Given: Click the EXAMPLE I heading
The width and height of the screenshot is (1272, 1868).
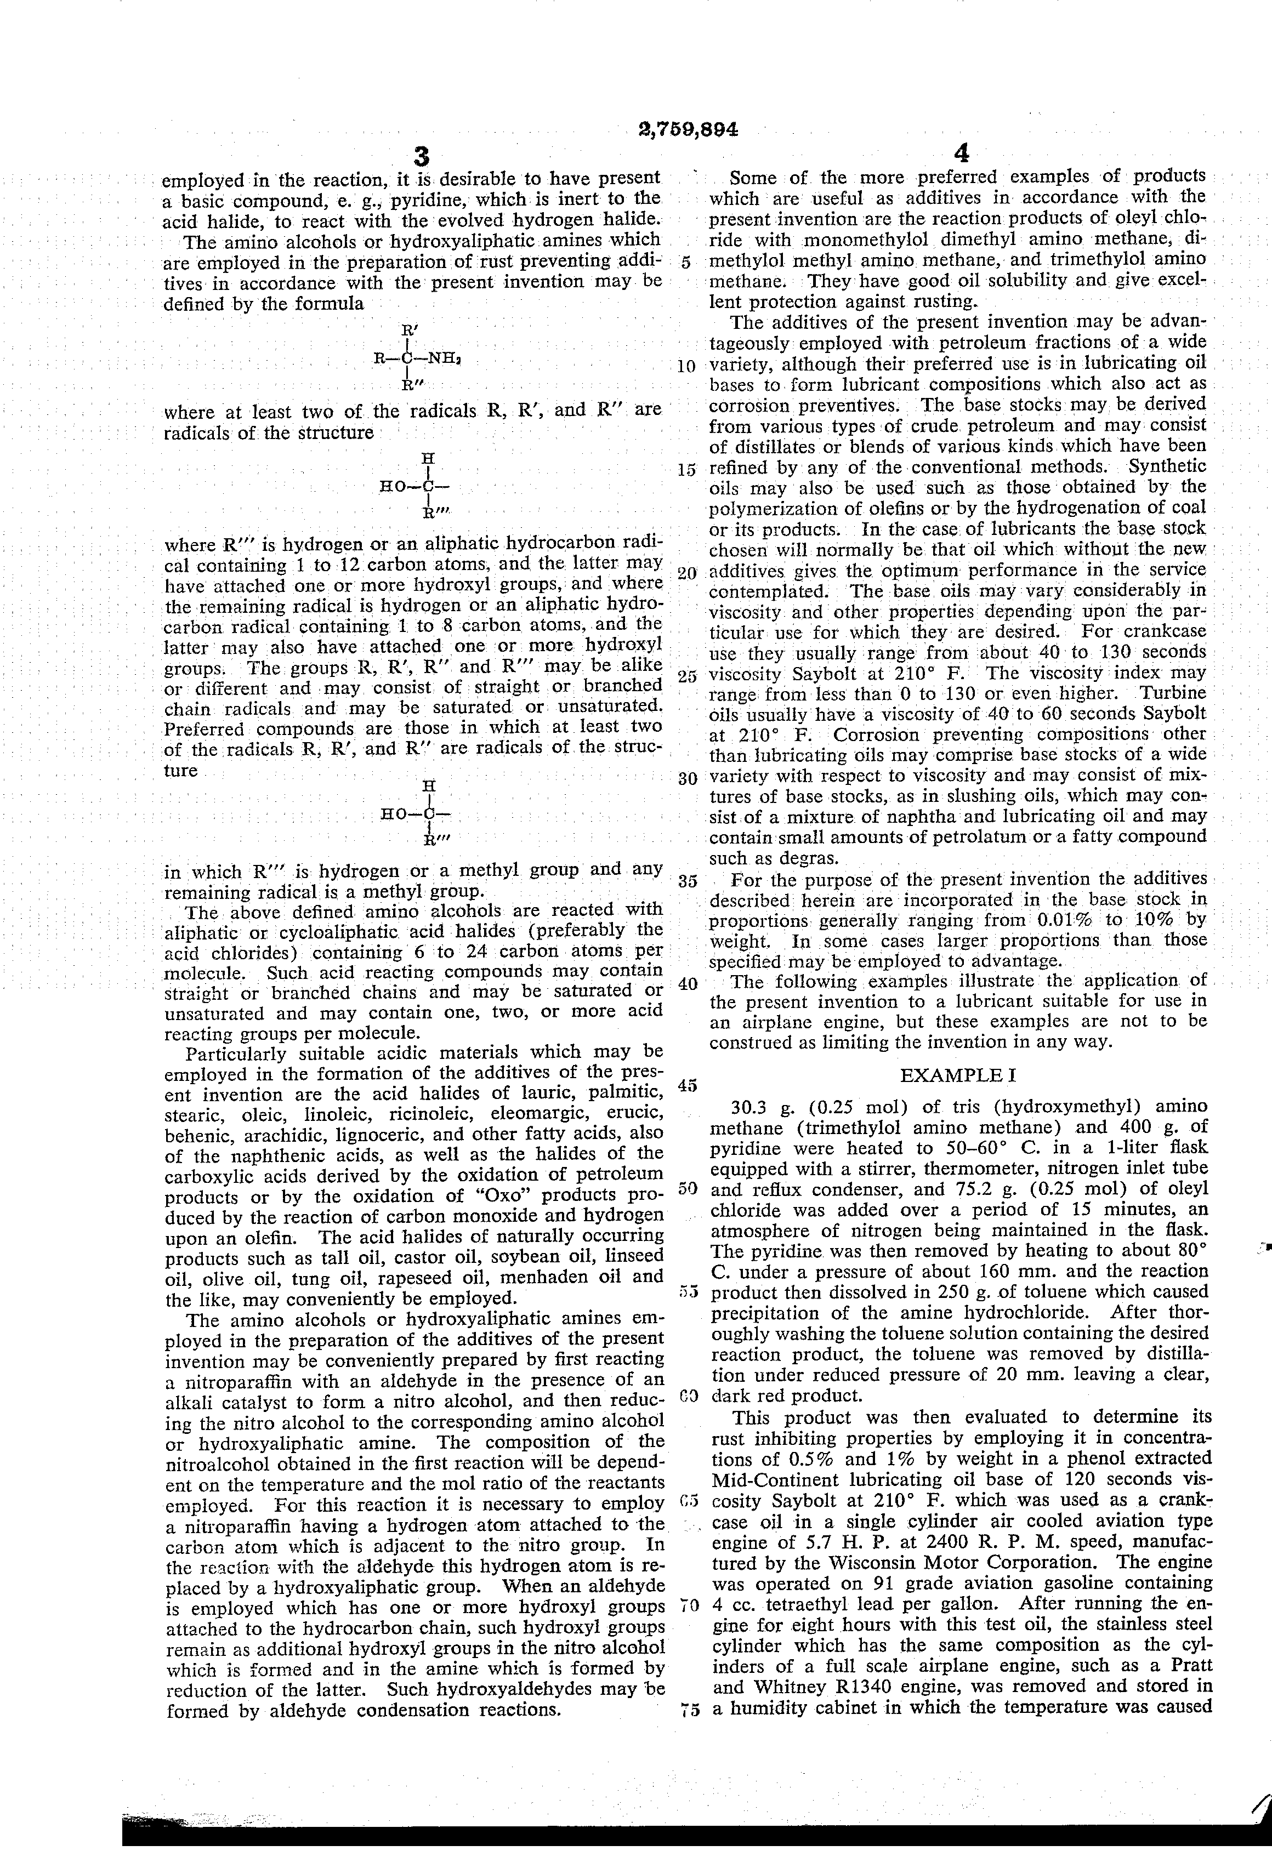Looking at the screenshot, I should coord(960,1075).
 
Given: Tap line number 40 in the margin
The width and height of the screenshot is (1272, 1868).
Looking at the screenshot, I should coord(686,984).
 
